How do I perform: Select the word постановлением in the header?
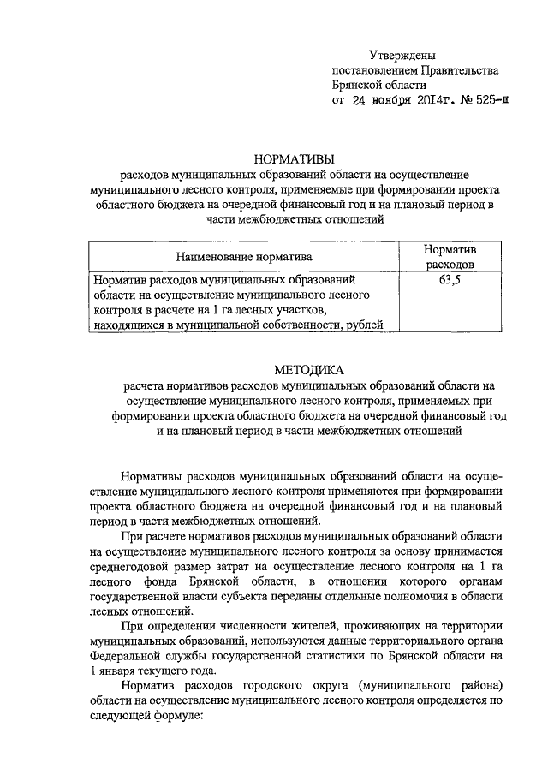coord(372,69)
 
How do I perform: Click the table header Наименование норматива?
coord(244,256)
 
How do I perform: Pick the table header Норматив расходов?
coord(450,256)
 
